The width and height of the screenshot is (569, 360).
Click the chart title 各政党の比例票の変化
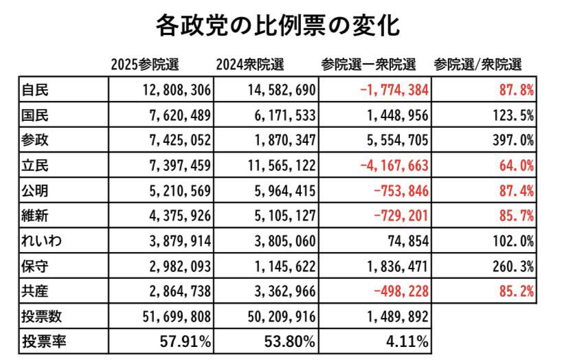point(278,25)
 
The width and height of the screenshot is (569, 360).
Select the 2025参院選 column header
point(144,65)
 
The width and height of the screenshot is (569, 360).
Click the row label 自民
point(35,90)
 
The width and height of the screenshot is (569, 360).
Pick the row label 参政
point(35,140)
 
